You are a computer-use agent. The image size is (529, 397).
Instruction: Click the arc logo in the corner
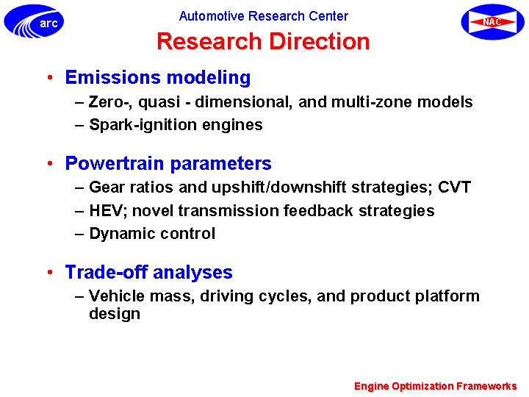pos(34,21)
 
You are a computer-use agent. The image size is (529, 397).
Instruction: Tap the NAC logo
pos(493,22)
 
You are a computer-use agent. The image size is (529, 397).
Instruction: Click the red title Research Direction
pos(264,41)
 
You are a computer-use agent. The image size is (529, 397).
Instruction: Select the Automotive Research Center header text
pos(264,16)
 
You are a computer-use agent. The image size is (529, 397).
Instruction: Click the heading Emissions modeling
pos(158,77)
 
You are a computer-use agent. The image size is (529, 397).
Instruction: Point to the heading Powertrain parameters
pos(168,164)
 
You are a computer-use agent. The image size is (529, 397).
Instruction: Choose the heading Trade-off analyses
pos(148,272)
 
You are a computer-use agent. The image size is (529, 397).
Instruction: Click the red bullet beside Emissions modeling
pos(50,78)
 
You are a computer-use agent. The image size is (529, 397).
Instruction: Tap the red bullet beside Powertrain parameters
pos(50,164)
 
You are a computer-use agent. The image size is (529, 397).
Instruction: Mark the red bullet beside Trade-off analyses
pos(50,272)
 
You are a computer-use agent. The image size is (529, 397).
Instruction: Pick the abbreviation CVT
pos(454,187)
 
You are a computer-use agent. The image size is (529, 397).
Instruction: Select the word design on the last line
pos(115,313)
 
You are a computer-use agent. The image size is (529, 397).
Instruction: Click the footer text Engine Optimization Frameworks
pos(435,386)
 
